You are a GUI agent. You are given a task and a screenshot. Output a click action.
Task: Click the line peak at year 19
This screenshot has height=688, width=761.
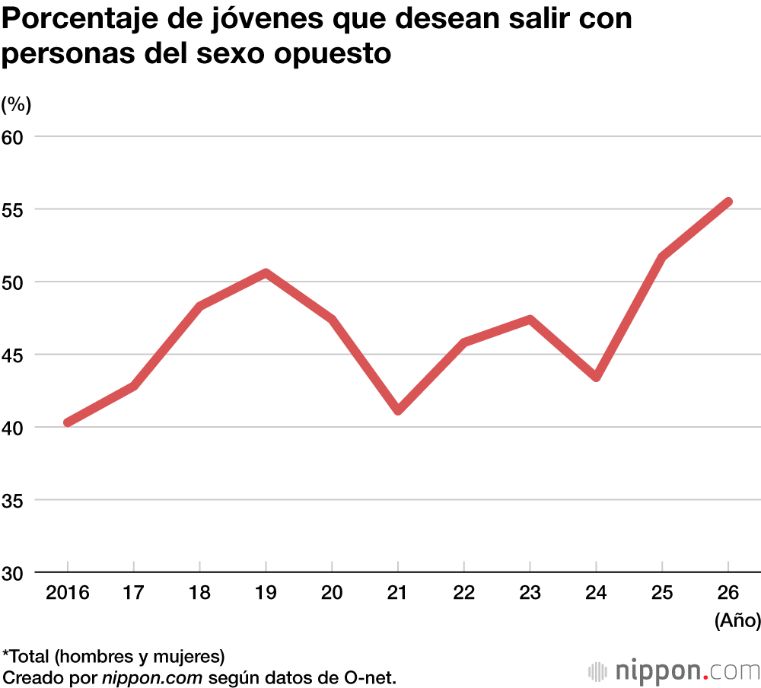(x=266, y=272)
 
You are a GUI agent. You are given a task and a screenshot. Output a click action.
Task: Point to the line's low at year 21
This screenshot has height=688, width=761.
(x=398, y=410)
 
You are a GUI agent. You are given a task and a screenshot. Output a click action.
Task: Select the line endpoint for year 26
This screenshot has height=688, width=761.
(x=728, y=202)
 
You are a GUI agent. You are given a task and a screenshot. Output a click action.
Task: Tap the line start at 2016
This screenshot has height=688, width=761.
(x=68, y=422)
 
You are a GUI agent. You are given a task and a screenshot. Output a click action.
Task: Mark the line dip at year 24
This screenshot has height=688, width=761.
(x=596, y=377)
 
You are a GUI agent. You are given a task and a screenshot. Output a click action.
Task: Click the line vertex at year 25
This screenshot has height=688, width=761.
(x=662, y=257)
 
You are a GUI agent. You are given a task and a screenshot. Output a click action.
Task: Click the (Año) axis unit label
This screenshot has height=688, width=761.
(x=737, y=621)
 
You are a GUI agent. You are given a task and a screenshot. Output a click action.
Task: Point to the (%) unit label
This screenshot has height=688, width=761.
(x=17, y=104)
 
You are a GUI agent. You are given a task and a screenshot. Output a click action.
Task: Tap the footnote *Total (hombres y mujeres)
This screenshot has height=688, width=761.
(x=114, y=656)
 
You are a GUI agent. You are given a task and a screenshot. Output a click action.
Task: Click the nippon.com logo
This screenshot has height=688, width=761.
(x=674, y=671)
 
